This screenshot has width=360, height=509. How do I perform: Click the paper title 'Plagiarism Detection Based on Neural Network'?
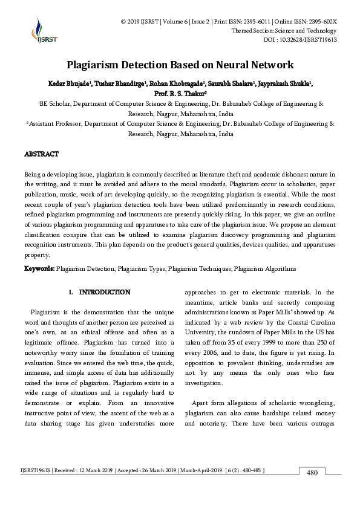pyautogui.click(x=180, y=65)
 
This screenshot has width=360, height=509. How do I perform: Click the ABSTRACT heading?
pyautogui.click(x=42, y=154)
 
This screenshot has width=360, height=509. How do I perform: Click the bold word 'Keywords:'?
pyautogui.click(x=39, y=268)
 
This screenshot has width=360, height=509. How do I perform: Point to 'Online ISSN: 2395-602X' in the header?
pyautogui.click(x=306, y=22)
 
